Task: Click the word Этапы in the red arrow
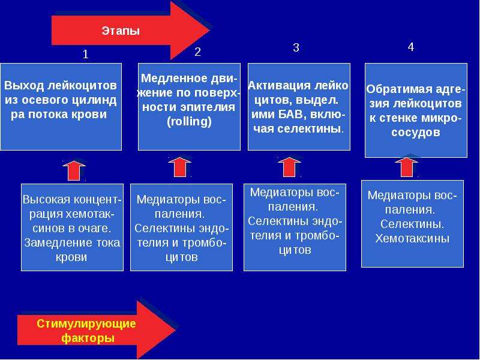click(x=121, y=31)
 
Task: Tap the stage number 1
click(x=86, y=54)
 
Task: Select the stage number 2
click(x=197, y=52)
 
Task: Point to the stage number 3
click(x=296, y=47)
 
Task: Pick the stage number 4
click(x=411, y=47)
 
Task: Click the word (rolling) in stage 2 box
click(x=189, y=122)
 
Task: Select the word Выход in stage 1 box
click(x=24, y=85)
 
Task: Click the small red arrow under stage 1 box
click(x=74, y=170)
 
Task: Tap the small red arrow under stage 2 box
click(x=179, y=167)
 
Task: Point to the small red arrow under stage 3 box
click(x=289, y=167)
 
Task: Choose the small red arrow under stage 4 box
click(x=407, y=167)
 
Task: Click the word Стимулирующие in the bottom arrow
click(x=86, y=323)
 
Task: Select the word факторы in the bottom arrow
click(x=88, y=338)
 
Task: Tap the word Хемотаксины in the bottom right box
click(x=412, y=238)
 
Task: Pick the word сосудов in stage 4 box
click(x=416, y=132)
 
